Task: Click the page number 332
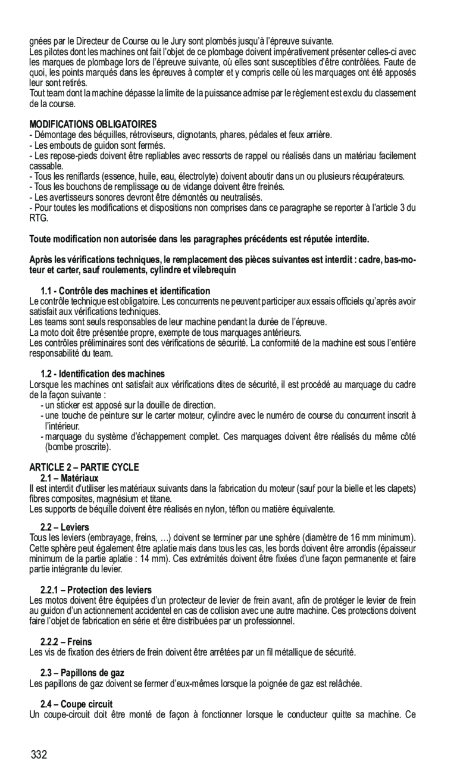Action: [x=39, y=756]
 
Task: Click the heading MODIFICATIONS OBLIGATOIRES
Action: [x=93, y=124]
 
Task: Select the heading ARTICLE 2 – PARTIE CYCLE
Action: [x=84, y=467]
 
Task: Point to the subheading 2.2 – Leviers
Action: [x=65, y=528]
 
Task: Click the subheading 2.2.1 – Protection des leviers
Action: [x=96, y=590]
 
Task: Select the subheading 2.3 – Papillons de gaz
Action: [x=82, y=673]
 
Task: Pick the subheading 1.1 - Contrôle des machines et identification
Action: [x=126, y=291]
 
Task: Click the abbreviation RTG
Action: [x=39, y=219]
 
